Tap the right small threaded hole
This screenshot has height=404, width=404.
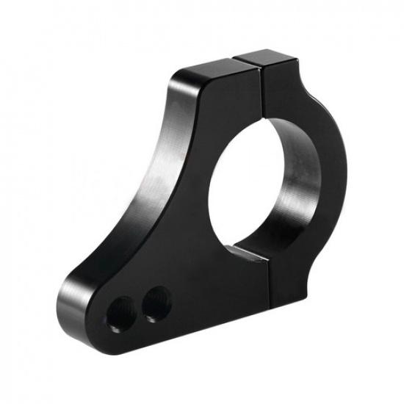click(x=154, y=302)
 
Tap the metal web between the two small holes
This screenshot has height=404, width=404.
click(x=137, y=303)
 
